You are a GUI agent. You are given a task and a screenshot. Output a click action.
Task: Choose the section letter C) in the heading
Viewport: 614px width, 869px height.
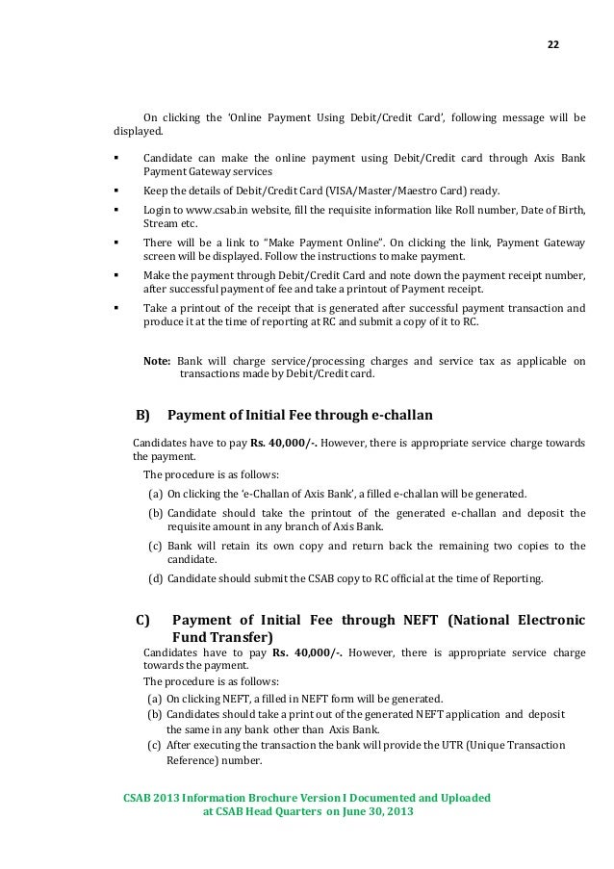pyautogui.click(x=145, y=619)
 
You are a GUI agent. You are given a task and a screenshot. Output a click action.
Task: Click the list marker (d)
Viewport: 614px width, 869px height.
pyautogui.click(x=154, y=579)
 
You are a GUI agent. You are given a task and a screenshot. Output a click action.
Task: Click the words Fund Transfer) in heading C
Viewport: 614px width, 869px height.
pyautogui.click(x=222, y=637)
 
